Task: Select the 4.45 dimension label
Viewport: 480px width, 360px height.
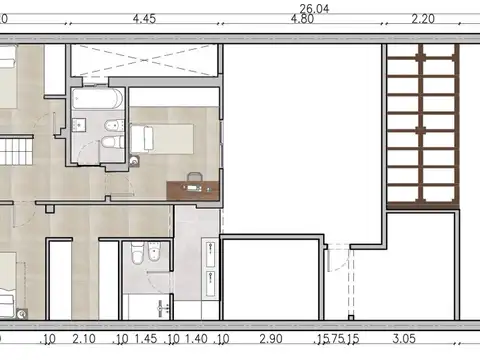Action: pos(143,18)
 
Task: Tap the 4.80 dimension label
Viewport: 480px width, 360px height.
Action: pos(302,18)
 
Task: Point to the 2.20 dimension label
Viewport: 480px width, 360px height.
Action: pos(423,18)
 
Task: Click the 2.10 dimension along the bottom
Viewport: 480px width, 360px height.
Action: pos(84,340)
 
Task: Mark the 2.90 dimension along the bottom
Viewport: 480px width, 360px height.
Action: pos(270,340)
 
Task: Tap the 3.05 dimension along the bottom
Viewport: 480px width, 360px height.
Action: pos(403,340)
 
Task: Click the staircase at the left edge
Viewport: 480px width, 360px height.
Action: pos(16,153)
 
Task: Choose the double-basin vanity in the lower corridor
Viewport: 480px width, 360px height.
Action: pos(210,269)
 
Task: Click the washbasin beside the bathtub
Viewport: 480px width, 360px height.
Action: pos(81,127)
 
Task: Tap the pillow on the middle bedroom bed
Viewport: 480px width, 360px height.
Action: pos(140,138)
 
